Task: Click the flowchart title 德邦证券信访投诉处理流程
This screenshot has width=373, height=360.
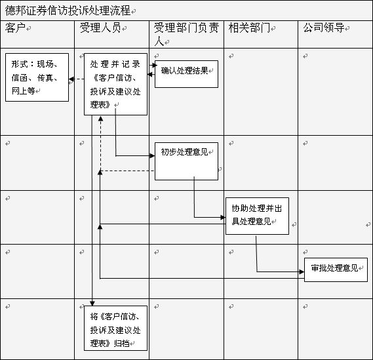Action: (68, 10)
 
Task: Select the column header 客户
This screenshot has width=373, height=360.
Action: (15, 28)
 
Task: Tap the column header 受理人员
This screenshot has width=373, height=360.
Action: (100, 28)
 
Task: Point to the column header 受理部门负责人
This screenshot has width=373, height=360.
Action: (186, 34)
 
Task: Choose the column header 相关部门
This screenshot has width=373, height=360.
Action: (249, 28)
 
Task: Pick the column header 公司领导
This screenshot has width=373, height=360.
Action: (324, 28)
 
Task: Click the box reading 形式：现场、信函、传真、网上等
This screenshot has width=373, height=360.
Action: (37, 77)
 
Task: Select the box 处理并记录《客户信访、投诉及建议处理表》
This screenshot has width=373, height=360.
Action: (115, 84)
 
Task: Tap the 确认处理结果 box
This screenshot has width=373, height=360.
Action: (186, 74)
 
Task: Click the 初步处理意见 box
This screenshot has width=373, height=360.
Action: (186, 161)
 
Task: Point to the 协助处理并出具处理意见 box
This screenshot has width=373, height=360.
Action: (257, 216)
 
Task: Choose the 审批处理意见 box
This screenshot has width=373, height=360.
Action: (336, 270)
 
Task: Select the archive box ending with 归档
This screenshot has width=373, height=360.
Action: (115, 328)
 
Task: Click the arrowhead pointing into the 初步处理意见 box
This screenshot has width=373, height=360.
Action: (152, 156)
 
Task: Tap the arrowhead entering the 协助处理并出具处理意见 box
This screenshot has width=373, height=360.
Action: (223, 217)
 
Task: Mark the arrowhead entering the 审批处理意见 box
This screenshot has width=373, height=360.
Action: (302, 271)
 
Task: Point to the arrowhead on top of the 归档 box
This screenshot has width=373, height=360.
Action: (92, 304)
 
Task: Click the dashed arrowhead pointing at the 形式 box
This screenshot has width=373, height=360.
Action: (71, 79)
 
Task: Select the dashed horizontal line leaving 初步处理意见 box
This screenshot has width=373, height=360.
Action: (128, 171)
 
